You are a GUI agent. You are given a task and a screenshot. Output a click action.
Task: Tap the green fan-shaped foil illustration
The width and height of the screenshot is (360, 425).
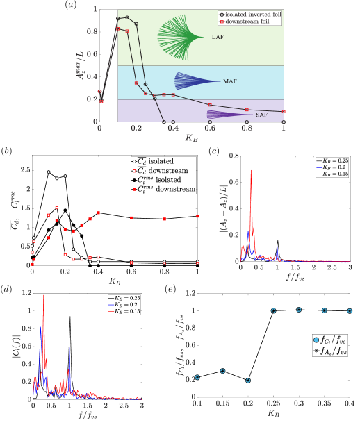(x=179, y=37)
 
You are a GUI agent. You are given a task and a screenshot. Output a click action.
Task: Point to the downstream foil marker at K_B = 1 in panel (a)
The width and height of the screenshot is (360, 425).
(x=284, y=111)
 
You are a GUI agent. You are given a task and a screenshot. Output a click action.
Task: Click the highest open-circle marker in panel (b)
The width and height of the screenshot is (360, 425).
(x=49, y=172)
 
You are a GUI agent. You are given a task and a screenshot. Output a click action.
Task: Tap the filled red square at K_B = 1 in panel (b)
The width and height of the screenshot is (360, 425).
(x=198, y=216)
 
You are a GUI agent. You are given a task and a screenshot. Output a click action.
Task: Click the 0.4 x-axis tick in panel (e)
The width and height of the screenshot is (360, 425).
(x=349, y=406)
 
